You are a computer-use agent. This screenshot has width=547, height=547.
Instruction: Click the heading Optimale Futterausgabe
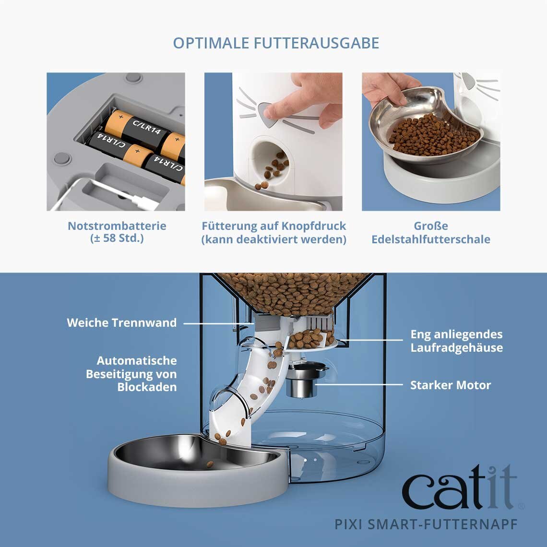[276, 43]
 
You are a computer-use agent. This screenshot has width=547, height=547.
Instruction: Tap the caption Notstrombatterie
[117, 226]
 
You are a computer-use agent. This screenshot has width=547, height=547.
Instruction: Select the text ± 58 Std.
[117, 238]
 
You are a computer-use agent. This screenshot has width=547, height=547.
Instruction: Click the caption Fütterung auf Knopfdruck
[273, 226]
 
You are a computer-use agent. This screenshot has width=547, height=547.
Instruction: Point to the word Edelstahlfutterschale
[430, 239]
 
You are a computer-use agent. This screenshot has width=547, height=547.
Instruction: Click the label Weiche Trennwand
[121, 322]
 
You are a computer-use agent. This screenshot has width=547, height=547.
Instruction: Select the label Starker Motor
[450, 385]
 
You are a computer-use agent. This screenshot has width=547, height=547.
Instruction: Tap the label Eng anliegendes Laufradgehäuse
[456, 341]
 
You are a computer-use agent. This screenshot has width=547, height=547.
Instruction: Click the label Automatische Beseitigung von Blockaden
[131, 374]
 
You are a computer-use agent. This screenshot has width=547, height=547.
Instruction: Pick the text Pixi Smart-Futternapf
[426, 524]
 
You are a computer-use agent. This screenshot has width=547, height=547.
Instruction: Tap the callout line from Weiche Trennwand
[216, 323]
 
